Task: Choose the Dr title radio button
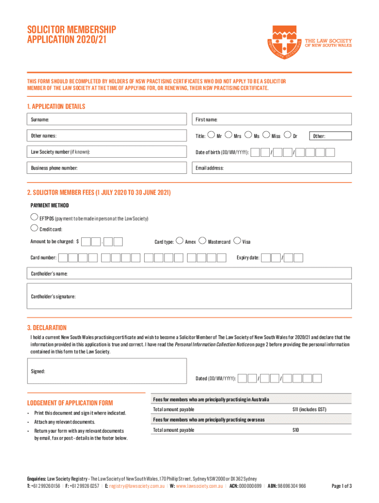pos(288,135)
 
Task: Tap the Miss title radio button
pos(267,135)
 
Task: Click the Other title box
pos(330,136)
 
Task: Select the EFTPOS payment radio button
pos(33,217)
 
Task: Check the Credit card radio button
pos(33,228)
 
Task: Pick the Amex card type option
pos(180,241)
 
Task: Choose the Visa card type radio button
pos(238,241)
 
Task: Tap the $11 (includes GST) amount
pos(309,409)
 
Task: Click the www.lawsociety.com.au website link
pos(200,486)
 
